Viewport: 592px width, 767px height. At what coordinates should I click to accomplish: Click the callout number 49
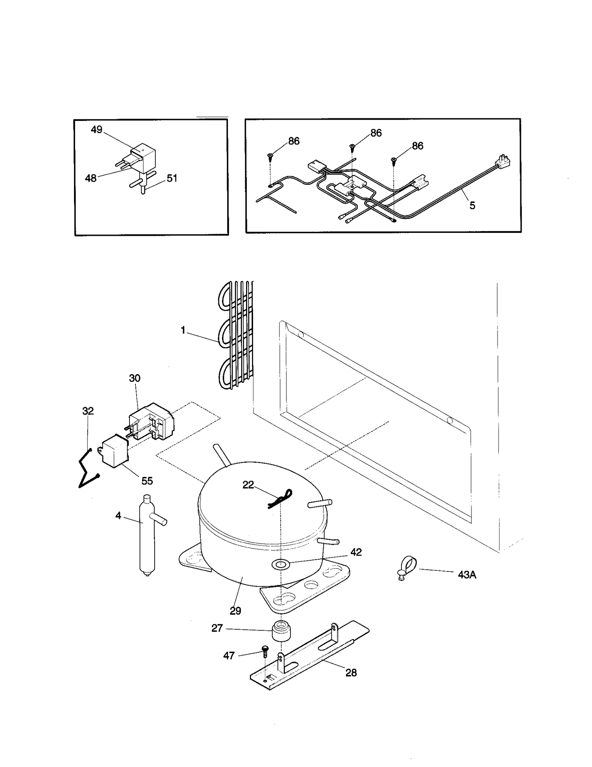[x=97, y=130]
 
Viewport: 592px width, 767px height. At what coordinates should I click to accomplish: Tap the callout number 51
[x=172, y=178]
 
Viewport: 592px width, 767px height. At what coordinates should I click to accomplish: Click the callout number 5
[x=472, y=206]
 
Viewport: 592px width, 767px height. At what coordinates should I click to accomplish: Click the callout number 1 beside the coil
[x=183, y=330]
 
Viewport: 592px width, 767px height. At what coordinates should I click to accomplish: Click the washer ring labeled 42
[x=280, y=564]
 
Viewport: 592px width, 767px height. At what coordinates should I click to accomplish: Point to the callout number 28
[x=351, y=673]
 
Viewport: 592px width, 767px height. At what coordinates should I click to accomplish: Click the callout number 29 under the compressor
[x=235, y=611]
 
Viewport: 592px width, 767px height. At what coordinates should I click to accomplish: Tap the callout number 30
[x=135, y=378]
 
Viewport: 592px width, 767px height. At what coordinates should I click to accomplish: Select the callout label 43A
[x=467, y=575]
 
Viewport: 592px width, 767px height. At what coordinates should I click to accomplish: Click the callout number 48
[x=91, y=178]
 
